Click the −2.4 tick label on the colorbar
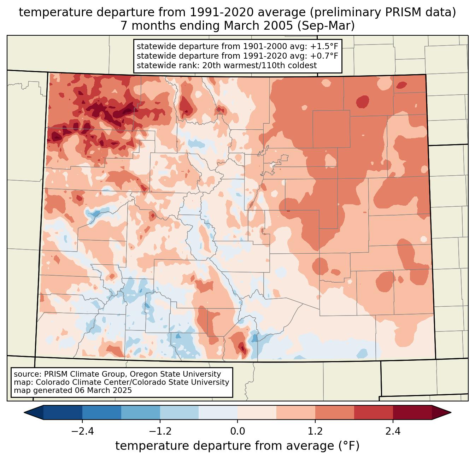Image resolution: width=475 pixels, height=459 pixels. click(x=82, y=431)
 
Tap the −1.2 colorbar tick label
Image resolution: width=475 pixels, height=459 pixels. click(x=160, y=431)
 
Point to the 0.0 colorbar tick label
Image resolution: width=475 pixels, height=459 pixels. click(x=237, y=431)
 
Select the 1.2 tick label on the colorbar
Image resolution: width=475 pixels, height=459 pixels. click(x=315, y=431)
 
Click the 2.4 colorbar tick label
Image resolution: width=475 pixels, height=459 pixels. click(x=393, y=431)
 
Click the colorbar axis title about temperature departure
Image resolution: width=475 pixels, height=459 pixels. click(x=237, y=446)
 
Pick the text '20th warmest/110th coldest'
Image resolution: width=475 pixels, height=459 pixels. click(x=260, y=65)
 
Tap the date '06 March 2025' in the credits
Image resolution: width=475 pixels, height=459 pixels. click(x=103, y=390)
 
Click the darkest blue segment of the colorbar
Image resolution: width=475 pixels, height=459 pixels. click(x=63, y=412)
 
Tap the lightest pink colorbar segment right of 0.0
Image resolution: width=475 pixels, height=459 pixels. click(x=257, y=412)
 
